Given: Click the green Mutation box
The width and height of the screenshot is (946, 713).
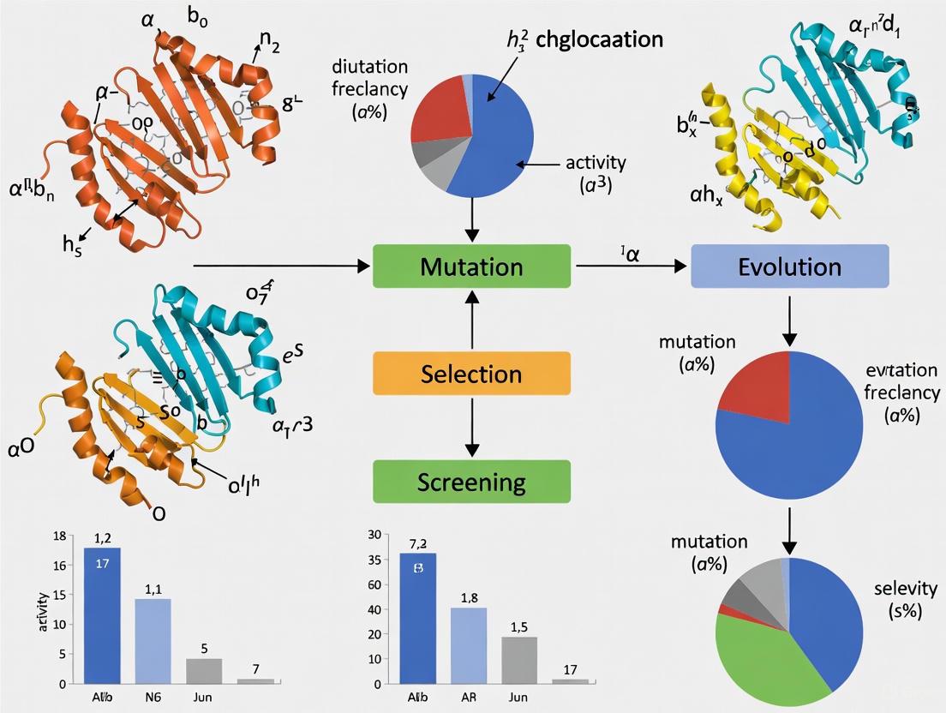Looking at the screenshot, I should pyautogui.click(x=471, y=266).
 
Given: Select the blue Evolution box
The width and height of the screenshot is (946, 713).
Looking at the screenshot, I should pyautogui.click(x=789, y=266).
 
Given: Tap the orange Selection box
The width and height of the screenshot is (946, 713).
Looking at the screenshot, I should pyautogui.click(x=471, y=374).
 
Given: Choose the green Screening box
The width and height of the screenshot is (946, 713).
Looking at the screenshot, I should pyautogui.click(x=471, y=482).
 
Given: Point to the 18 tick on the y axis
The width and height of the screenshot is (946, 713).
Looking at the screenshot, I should pyautogui.click(x=58, y=536).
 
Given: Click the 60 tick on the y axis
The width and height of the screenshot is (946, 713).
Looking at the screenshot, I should pyautogui.click(x=374, y=584).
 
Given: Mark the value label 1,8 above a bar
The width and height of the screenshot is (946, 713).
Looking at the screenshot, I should pyautogui.click(x=470, y=597).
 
